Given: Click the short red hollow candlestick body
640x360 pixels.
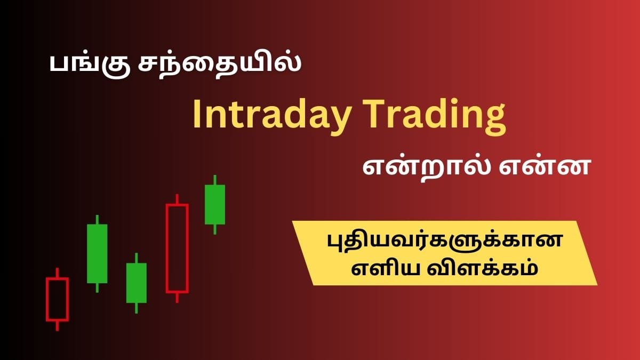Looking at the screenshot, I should (57, 299).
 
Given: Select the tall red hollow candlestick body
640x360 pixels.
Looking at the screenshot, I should (177, 248).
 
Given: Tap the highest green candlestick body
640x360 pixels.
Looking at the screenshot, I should (215, 205).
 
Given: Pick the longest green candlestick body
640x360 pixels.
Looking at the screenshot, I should (97, 253).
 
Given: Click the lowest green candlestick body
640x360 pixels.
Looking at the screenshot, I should (136, 283).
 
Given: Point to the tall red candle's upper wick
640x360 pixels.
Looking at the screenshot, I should (177, 199).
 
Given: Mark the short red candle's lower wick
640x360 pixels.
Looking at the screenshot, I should (57, 325).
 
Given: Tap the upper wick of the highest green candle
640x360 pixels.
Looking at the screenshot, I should (215, 180).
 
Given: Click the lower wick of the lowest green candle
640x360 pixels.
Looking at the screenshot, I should (136, 308).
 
